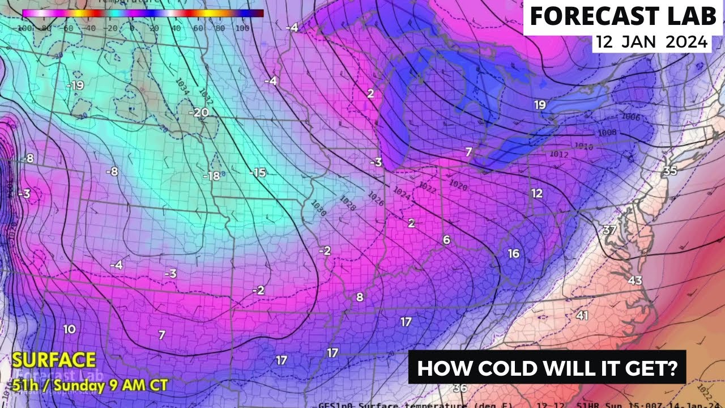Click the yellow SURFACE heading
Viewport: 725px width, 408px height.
(54, 360)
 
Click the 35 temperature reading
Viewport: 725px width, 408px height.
(670, 171)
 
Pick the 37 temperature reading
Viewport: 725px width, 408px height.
(609, 229)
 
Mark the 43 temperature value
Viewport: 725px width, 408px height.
(635, 280)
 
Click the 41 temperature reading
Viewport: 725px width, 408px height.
(582, 316)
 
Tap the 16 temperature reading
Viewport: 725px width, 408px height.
(513, 253)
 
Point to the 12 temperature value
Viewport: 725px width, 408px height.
(537, 193)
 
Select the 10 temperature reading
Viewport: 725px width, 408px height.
(69, 329)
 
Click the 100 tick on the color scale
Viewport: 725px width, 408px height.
(242, 27)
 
